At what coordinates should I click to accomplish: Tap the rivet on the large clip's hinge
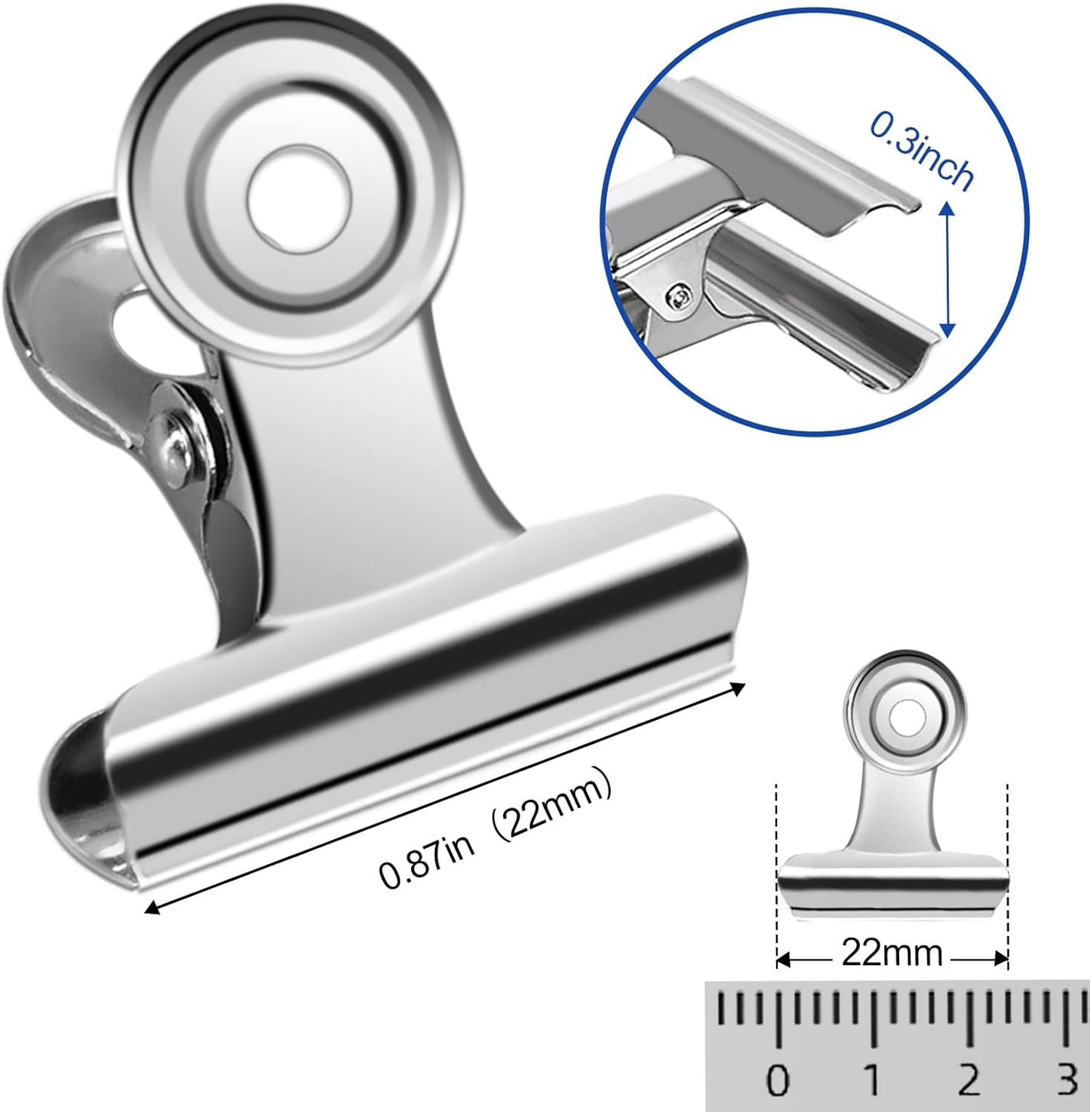[x=173, y=448]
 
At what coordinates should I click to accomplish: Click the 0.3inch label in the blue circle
[x=921, y=150]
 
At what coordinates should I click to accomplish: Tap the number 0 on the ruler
[x=777, y=1081]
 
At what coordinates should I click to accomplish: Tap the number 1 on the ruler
[x=873, y=1081]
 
